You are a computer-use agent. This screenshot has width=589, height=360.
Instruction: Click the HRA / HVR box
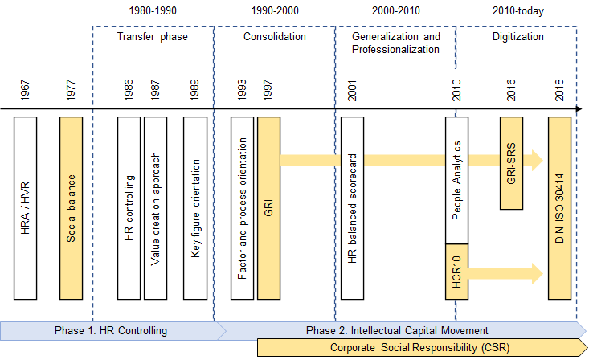click(25, 208)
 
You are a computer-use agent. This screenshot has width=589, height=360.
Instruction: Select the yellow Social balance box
click(71, 208)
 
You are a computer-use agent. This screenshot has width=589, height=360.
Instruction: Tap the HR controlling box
click(129, 208)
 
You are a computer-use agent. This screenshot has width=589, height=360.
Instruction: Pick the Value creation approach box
click(156, 208)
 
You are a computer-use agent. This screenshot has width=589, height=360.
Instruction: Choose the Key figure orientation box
click(195, 208)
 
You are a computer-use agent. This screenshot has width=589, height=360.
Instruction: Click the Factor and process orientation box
click(243, 208)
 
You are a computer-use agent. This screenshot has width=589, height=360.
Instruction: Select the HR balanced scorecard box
click(352, 208)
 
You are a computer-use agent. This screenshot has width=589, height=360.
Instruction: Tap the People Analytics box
click(456, 180)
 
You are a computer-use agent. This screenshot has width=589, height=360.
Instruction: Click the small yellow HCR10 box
click(456, 272)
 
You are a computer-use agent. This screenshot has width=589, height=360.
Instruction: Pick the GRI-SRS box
click(511, 163)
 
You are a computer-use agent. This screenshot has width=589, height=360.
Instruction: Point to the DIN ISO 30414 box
click(560, 208)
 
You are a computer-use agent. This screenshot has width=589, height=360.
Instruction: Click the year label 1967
click(25, 90)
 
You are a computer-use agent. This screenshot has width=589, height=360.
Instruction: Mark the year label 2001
click(352, 90)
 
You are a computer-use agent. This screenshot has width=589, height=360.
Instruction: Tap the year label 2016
click(511, 90)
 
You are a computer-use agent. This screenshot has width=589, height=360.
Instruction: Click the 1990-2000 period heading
click(275, 10)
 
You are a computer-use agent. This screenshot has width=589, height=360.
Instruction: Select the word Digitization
click(518, 36)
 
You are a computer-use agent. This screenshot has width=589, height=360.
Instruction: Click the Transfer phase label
click(152, 36)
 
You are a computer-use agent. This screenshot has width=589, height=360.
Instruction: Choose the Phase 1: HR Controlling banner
click(113, 331)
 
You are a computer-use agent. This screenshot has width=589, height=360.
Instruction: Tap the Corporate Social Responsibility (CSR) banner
click(422, 347)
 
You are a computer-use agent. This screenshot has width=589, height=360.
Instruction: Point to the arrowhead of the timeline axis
click(579, 109)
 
